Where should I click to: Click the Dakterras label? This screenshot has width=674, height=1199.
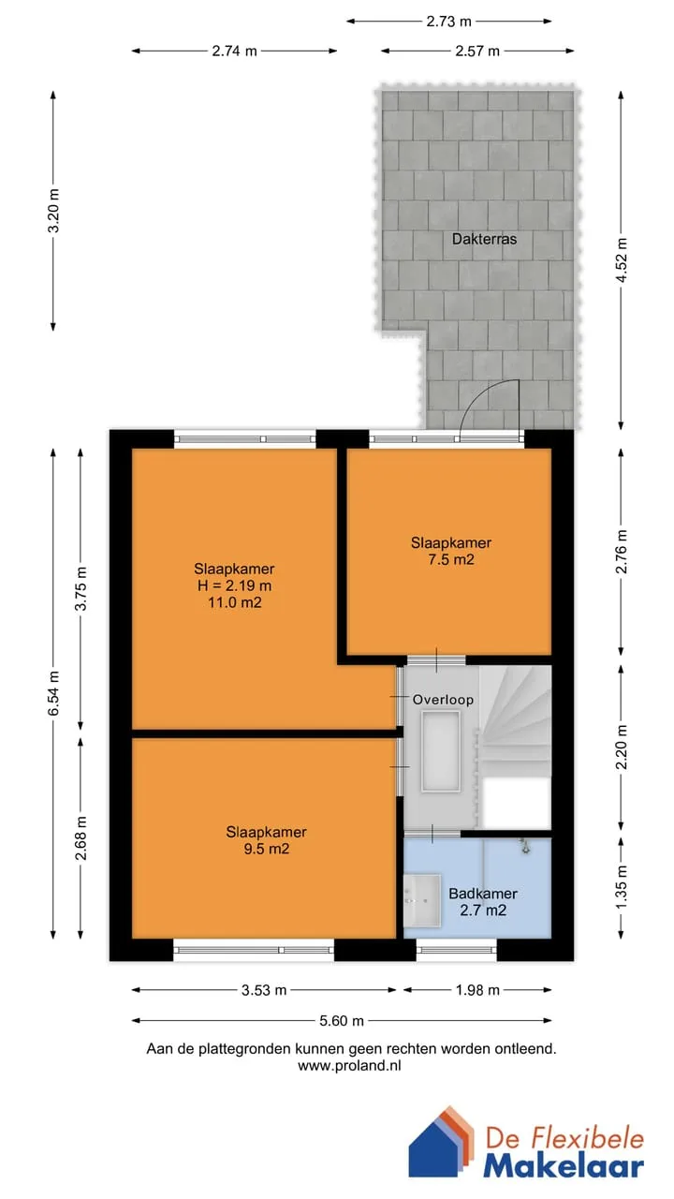point(484,239)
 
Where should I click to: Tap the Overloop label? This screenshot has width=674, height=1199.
point(443,700)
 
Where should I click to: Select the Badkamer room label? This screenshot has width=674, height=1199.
point(483,894)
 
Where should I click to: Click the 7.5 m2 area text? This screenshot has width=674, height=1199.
point(451,560)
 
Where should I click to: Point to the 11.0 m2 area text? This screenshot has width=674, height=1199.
point(235,602)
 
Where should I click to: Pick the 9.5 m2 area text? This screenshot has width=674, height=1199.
point(267,849)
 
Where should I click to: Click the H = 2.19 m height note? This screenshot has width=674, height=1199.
point(234,585)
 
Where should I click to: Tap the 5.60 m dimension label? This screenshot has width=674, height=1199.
point(342,1021)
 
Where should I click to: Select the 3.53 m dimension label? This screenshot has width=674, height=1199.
point(264,990)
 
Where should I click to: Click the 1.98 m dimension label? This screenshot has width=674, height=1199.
point(477,990)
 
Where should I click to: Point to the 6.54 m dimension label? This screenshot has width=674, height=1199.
point(53,693)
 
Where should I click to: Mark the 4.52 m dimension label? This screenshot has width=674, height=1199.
point(621,260)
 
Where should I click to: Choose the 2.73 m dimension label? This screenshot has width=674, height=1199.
point(448,22)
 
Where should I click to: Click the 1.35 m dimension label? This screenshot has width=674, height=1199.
point(621,887)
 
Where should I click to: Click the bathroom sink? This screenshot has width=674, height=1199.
point(421,901)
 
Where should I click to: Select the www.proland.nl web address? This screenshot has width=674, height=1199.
point(349,1066)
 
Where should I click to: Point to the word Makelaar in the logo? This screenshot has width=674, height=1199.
point(564,1166)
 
